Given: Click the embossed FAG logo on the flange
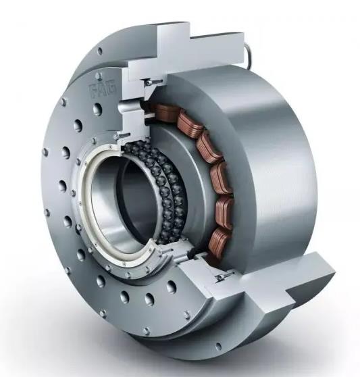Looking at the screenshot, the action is [103, 90].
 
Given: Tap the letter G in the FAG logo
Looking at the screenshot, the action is [111, 88].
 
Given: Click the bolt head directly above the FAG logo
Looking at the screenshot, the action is [99, 76].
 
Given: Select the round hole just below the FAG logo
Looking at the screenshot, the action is [97, 109].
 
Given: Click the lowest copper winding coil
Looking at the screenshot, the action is [218, 241].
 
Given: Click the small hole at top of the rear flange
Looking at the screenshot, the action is [100, 51].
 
